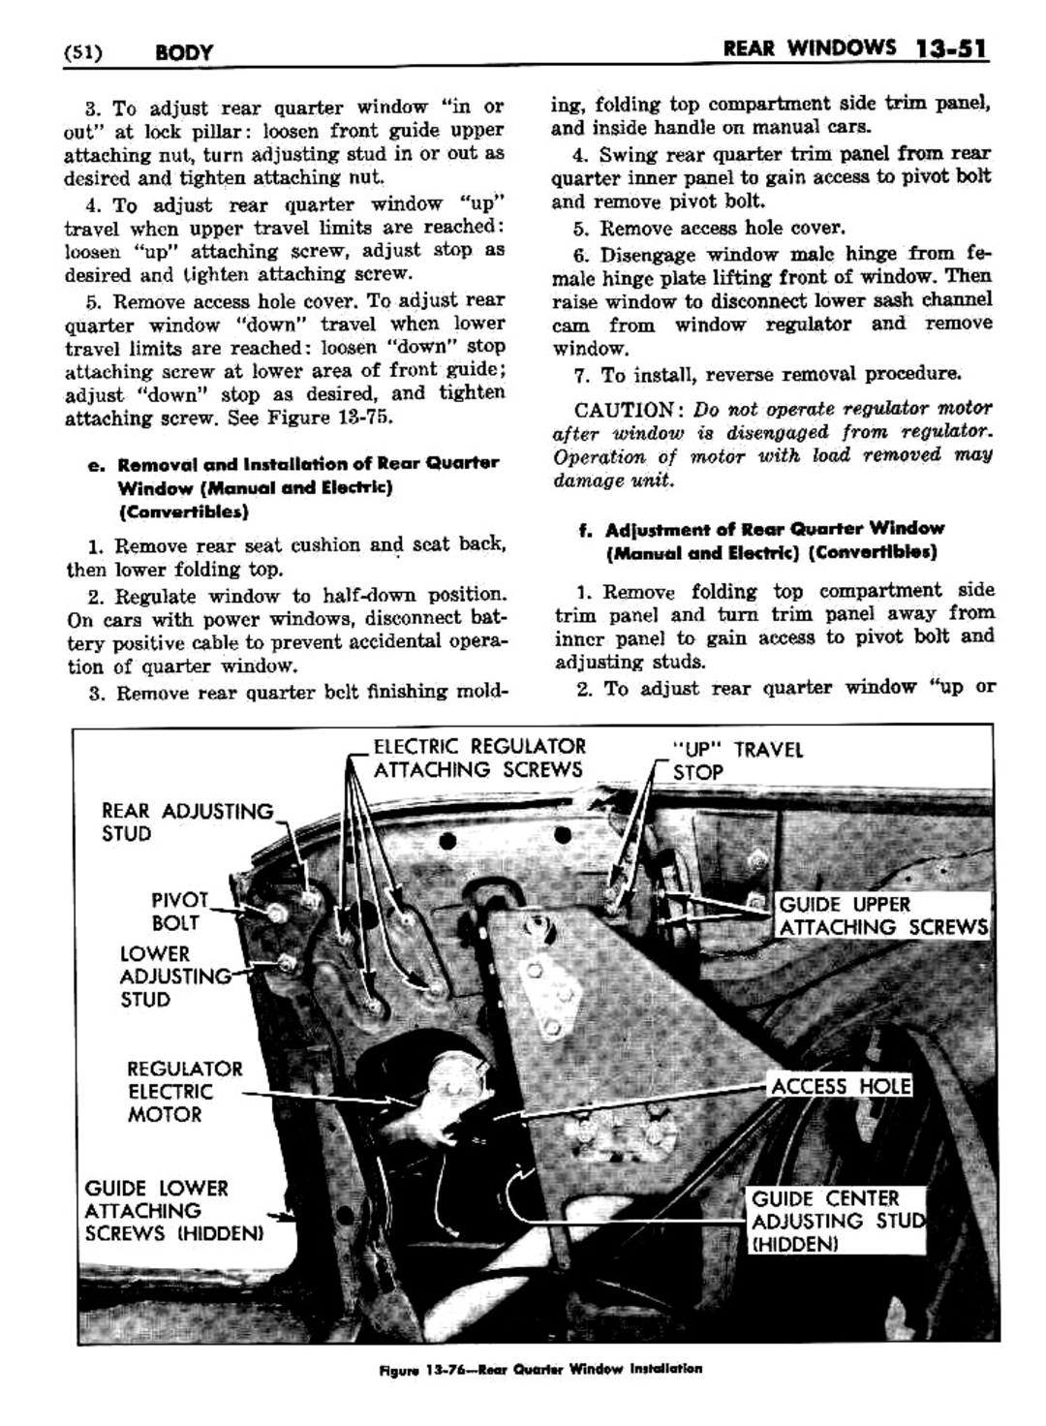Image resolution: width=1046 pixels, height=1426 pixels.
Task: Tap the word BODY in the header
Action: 183,51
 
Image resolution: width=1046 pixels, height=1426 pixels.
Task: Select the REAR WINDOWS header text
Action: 810,47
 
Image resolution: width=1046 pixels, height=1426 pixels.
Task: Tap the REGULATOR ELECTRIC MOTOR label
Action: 184,1092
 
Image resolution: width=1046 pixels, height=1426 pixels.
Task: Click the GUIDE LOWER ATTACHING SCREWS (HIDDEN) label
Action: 173,1211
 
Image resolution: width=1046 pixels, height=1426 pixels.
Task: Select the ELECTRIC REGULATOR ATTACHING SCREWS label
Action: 478,758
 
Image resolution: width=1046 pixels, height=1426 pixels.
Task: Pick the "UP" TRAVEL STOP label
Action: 736,760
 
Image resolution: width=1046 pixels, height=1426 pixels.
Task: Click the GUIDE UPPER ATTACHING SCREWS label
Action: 882,915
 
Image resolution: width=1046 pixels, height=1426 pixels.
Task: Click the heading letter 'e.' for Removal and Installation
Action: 94,464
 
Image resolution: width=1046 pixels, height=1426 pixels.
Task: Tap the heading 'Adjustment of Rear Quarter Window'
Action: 774,529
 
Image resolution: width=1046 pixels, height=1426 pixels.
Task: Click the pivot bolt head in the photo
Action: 276,914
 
